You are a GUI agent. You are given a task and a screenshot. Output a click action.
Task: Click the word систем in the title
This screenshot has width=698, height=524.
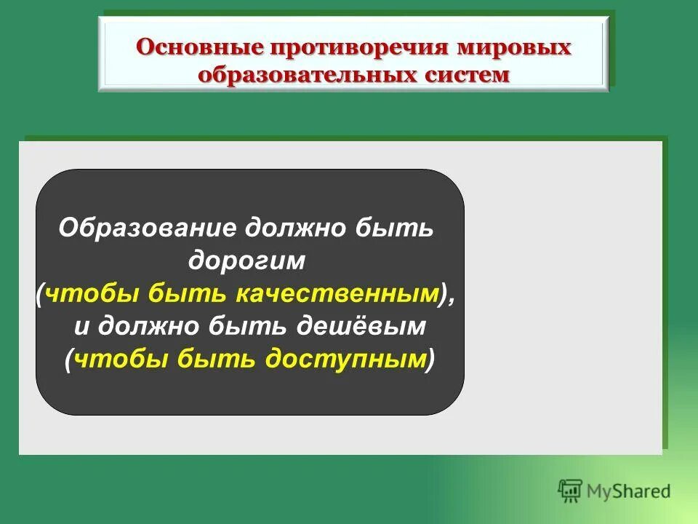click(455, 76)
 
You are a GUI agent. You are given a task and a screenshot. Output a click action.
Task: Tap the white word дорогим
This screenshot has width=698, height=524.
click(249, 260)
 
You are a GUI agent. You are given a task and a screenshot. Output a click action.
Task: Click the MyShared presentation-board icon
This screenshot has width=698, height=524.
click(571, 491)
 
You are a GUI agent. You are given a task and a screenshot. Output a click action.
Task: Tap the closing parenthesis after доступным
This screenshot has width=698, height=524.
click(430, 358)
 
